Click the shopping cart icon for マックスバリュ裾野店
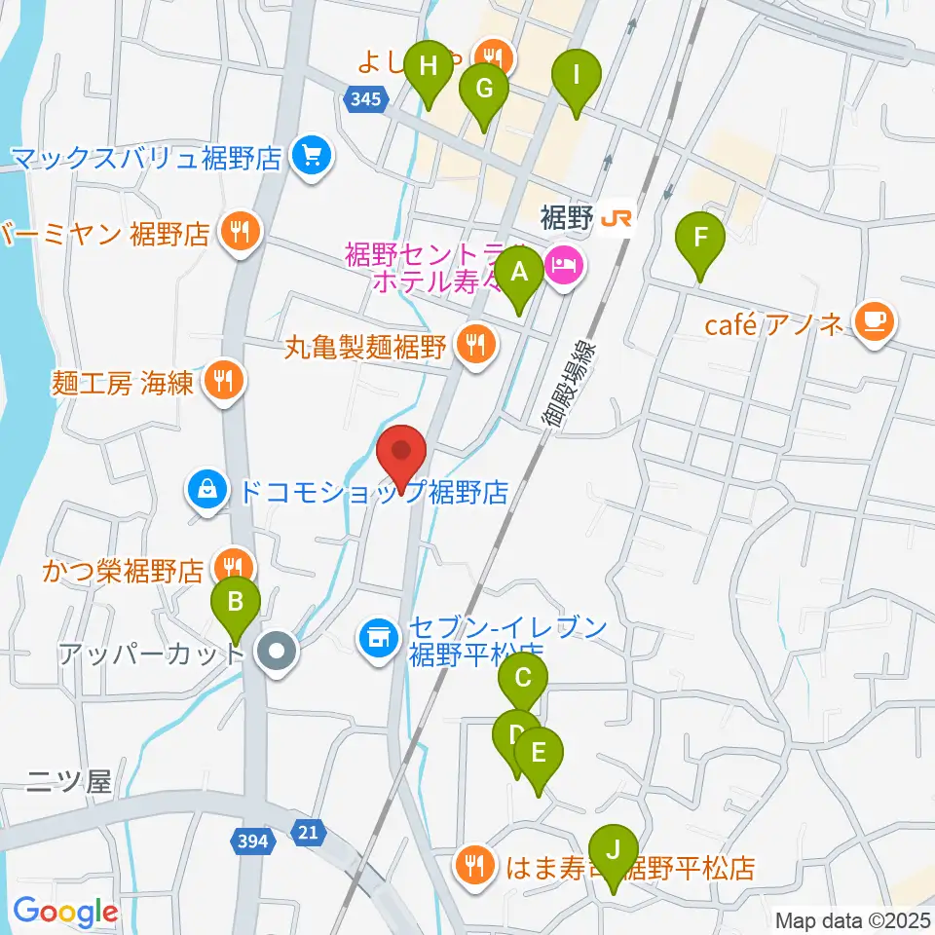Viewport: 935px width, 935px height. (311, 155)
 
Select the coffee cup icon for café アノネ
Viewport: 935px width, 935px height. (874, 322)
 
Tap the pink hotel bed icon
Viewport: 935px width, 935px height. (565, 264)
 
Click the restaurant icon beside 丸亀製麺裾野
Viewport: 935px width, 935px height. (475, 344)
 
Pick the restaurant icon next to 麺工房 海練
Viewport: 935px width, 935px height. (224, 379)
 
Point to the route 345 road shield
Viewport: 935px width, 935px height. (366, 98)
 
